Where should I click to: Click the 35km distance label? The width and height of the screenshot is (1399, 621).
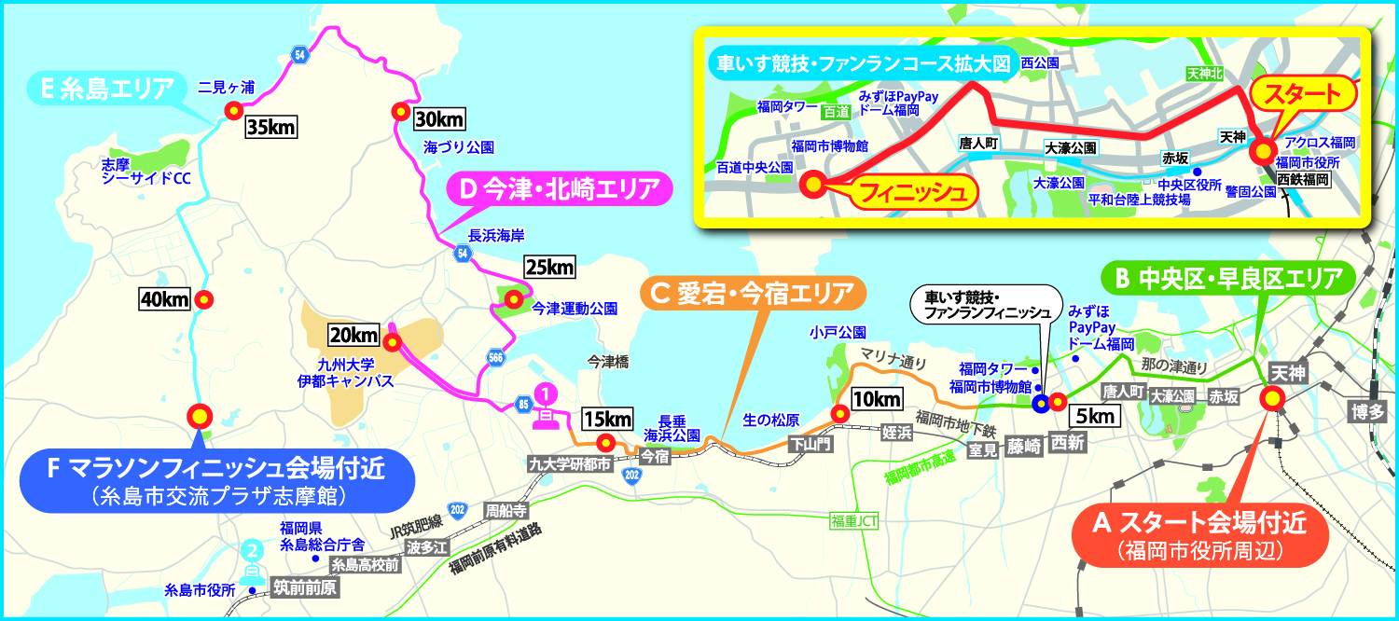[270, 127]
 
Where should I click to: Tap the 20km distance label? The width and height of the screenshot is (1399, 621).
[353, 334]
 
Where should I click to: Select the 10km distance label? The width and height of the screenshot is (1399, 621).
[879, 399]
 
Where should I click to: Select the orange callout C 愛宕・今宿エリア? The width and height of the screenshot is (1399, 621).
[752, 296]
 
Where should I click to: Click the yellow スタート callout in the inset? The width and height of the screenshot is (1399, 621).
[1300, 93]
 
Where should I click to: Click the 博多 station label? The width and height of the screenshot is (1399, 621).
[1371, 411]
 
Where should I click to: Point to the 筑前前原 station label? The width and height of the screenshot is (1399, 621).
[305, 588]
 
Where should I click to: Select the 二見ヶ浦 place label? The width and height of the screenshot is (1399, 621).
[228, 88]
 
